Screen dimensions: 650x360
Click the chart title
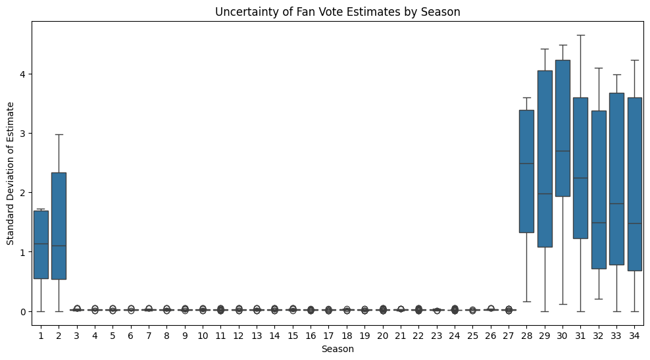(337, 12)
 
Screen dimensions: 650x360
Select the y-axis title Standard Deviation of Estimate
(11, 173)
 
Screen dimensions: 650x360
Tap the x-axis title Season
(337, 349)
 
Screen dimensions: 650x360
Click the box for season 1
(41, 245)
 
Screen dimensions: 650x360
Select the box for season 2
(59, 226)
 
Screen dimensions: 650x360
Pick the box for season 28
(526, 171)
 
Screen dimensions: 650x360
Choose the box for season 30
(562, 128)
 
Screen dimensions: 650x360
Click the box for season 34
(634, 184)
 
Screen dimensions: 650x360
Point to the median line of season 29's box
(545, 193)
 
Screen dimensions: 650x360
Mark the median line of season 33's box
(616, 203)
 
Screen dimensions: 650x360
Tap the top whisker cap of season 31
(580, 36)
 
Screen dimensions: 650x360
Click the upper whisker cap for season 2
(59, 134)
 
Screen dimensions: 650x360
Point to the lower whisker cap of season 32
(599, 299)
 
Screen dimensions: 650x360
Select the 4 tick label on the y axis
(24, 74)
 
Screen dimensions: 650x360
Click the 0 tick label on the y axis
(24, 311)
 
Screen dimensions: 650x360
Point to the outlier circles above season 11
(220, 309)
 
